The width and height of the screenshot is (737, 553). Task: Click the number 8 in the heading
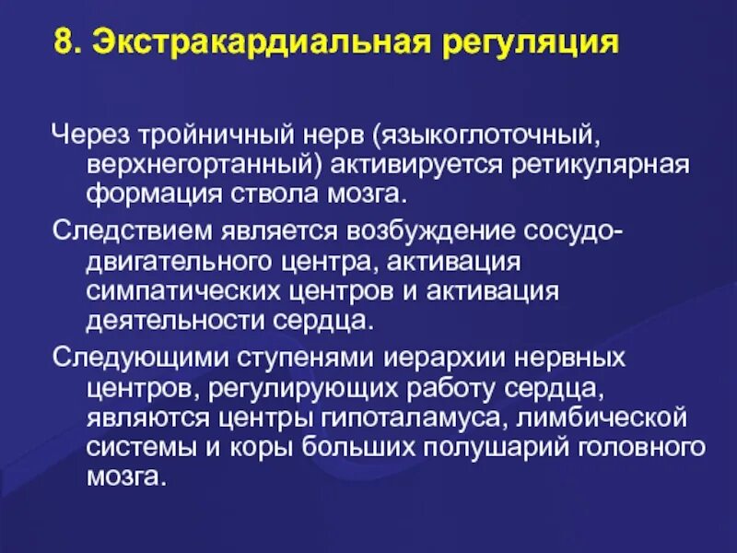click(x=61, y=43)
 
